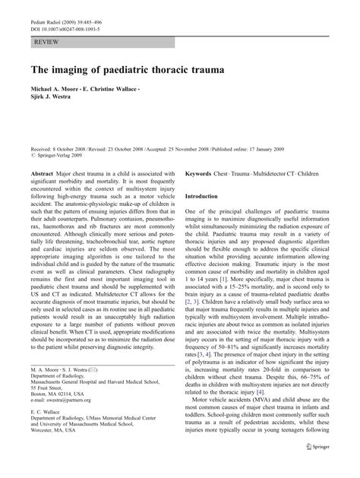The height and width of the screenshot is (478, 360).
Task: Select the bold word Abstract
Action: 43,173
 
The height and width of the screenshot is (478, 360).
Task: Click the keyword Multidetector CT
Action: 277,173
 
